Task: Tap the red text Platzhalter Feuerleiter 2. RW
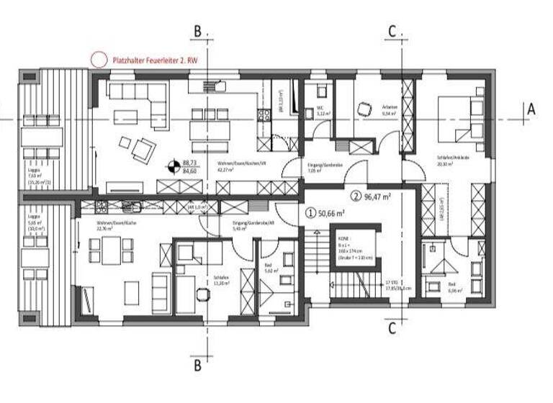click(x=154, y=62)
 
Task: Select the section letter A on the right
click(x=531, y=109)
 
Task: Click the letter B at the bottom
click(x=197, y=365)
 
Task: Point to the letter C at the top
click(x=392, y=31)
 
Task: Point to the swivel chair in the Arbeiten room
click(x=361, y=108)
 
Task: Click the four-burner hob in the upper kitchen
click(x=264, y=112)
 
